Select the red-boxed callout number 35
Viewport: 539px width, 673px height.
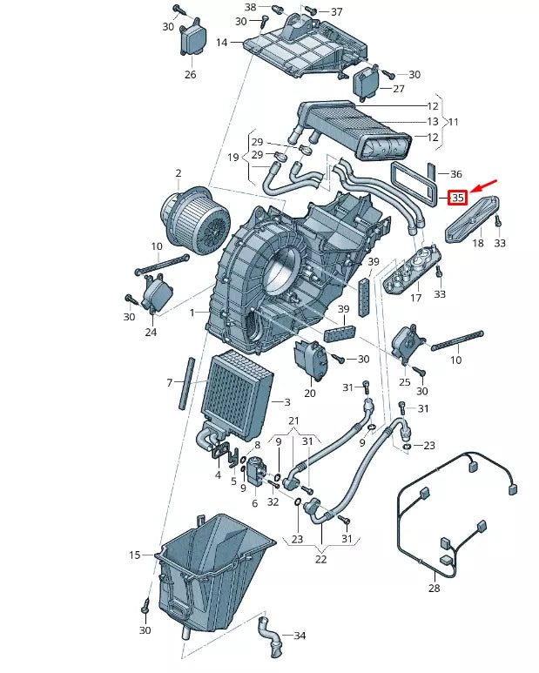[457, 199]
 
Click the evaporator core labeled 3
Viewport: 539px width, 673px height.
[237, 396]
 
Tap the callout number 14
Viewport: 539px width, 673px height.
[222, 43]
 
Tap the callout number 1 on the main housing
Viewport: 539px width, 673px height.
[193, 312]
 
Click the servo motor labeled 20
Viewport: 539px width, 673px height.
[311, 359]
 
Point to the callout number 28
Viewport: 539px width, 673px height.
[435, 589]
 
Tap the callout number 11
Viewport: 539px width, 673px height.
[452, 123]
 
